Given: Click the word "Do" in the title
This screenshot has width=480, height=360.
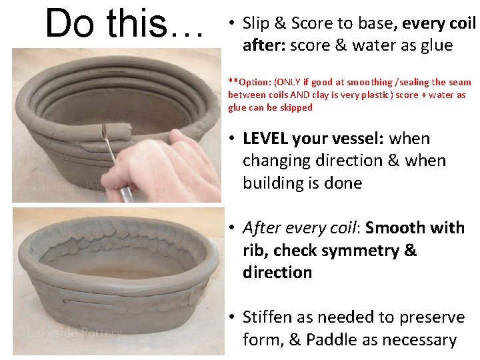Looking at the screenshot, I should coord(70,23).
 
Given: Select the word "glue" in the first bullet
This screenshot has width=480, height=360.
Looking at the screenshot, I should coord(434,45).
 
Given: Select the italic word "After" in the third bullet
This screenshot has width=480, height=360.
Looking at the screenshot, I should coord(263,228).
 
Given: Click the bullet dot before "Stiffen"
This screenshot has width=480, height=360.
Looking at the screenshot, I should coord(228,317).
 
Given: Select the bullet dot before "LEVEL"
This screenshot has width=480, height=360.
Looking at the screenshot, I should coord(228,139).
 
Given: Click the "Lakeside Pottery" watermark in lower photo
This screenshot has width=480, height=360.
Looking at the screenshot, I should coord(75,332).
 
